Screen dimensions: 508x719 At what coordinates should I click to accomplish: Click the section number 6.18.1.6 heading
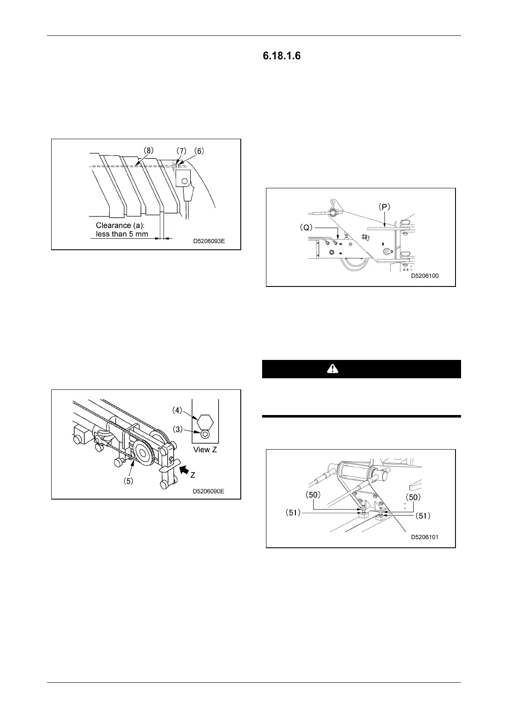[x=282, y=56]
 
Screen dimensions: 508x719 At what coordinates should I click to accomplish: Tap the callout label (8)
[x=148, y=151]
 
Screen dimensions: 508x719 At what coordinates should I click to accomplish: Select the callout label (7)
[x=182, y=151]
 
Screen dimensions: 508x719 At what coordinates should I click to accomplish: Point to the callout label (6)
[x=199, y=151]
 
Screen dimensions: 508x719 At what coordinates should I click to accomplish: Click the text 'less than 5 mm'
[x=122, y=234]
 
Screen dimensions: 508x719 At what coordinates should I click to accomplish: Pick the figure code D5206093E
[x=209, y=241]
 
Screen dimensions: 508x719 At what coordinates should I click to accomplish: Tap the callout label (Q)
[x=305, y=228]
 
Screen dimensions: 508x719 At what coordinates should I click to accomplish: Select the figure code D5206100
[x=425, y=276]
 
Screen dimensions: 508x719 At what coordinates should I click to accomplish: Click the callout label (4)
[x=177, y=410]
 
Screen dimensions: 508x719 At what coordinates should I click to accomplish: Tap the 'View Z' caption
[x=205, y=450]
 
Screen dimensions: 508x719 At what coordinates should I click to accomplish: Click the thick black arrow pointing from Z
[x=185, y=470]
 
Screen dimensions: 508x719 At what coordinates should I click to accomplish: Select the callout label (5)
[x=129, y=480]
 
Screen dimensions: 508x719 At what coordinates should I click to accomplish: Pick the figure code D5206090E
[x=208, y=491]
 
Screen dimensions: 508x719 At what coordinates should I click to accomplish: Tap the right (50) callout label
[x=413, y=497]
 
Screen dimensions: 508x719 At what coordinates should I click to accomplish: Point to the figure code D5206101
[x=424, y=538]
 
